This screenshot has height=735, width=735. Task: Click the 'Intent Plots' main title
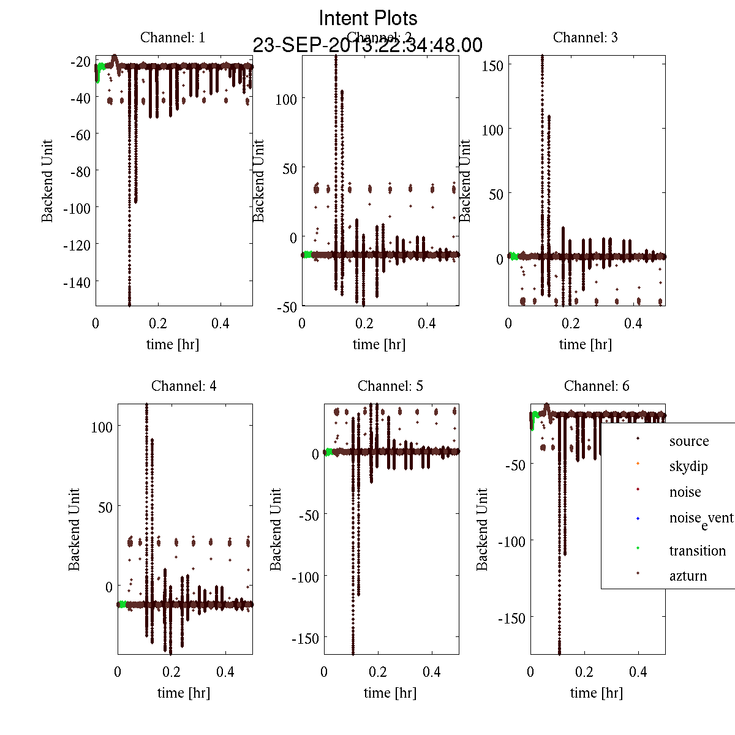pyautogui.click(x=368, y=18)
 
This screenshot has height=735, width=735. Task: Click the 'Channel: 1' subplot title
pyautogui.click(x=173, y=37)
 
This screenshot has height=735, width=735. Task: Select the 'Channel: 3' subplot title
pyautogui.click(x=585, y=37)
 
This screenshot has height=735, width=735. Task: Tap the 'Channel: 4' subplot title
pyautogui.click(x=184, y=386)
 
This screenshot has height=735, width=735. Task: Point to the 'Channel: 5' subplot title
pyautogui.click(x=390, y=386)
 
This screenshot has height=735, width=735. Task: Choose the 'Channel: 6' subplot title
pyautogui.click(x=597, y=386)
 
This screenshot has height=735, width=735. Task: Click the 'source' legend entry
pyautogui.click(x=688, y=441)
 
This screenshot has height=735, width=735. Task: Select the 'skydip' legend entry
pyautogui.click(x=688, y=466)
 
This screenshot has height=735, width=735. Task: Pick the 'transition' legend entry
pyautogui.click(x=697, y=551)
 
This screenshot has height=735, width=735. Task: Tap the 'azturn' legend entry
pyautogui.click(x=688, y=576)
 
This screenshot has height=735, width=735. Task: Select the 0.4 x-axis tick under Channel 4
pyautogui.click(x=226, y=671)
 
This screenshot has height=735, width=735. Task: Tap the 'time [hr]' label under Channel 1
pyautogui.click(x=173, y=344)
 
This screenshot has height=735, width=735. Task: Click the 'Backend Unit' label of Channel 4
pyautogui.click(x=74, y=529)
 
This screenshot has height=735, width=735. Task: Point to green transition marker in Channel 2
pyautogui.click(x=307, y=254)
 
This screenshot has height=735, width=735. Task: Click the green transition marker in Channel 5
pyautogui.click(x=329, y=452)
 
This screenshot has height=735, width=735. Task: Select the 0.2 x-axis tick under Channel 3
pyautogui.click(x=571, y=323)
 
